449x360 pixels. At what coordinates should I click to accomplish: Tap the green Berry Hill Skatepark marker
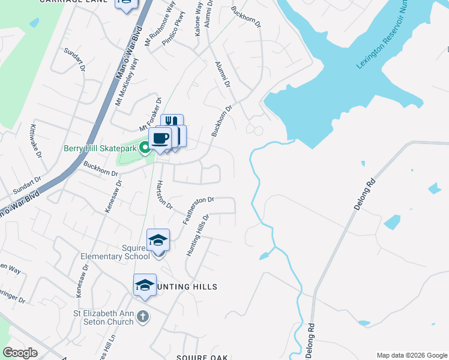[x=144, y=148]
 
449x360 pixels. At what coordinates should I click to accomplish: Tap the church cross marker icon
[x=142, y=316]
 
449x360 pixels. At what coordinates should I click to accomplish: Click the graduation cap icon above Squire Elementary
[x=158, y=240]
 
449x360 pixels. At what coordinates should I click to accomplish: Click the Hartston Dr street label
[x=164, y=195]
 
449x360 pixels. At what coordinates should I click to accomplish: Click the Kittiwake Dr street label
[x=36, y=141]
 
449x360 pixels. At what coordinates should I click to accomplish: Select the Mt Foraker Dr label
[x=151, y=115]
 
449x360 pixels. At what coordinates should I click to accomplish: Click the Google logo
[x=20, y=353]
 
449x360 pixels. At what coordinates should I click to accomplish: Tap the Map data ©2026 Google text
[x=411, y=355]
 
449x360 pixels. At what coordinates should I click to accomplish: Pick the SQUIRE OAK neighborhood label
[x=202, y=358]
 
